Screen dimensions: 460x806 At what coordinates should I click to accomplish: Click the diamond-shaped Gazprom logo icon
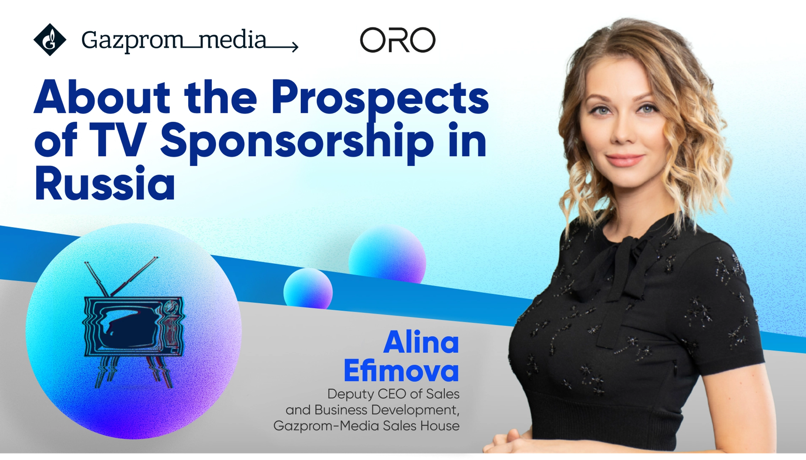[x=50, y=40]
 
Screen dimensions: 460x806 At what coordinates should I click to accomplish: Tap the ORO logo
[x=397, y=40]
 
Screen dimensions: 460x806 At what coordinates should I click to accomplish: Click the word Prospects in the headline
[x=380, y=98]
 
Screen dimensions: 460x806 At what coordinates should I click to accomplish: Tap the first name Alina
[x=421, y=342]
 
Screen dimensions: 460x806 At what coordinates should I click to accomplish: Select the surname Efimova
[x=401, y=371]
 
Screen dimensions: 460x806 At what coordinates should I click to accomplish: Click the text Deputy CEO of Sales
[x=393, y=394]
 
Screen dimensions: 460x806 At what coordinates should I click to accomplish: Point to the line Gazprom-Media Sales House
[x=366, y=426]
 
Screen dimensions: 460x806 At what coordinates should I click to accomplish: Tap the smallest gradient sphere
[x=308, y=289]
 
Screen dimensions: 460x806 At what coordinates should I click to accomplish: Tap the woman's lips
[x=624, y=160]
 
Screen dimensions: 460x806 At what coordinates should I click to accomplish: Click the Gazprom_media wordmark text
[x=174, y=40]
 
